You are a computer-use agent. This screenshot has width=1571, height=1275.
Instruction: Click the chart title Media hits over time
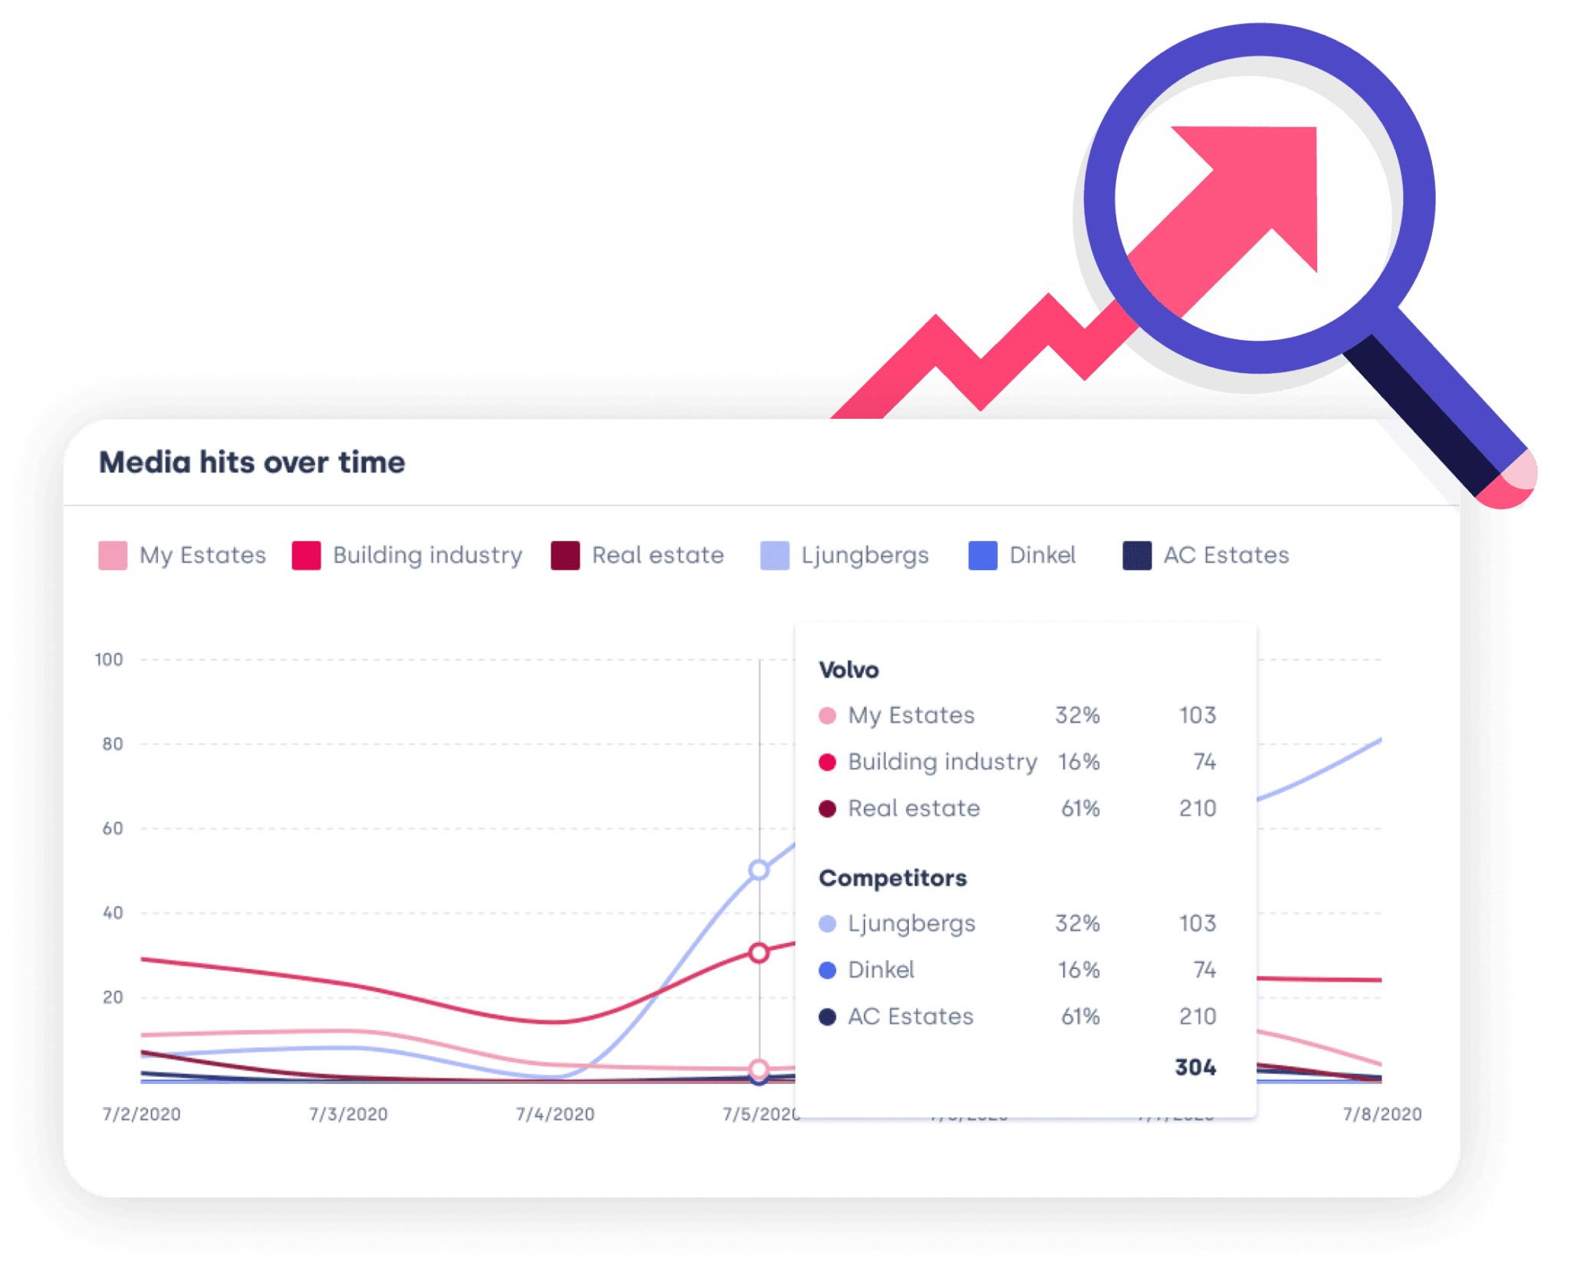pos(252,463)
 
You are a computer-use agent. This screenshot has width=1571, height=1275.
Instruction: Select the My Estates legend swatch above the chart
pos(113,555)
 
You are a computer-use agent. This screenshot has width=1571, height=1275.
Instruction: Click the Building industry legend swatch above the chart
pos(306,555)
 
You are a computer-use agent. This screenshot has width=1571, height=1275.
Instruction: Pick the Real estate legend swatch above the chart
pos(565,555)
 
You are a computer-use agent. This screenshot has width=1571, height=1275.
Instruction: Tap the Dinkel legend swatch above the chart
pos(983,555)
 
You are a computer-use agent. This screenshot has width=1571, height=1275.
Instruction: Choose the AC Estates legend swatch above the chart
pos(1137,555)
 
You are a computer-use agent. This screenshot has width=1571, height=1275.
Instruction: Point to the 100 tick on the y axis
pos(109,660)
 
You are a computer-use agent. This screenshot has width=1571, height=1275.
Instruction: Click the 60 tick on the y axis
pos(113,829)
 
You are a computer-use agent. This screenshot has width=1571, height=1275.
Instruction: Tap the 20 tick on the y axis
pos(113,997)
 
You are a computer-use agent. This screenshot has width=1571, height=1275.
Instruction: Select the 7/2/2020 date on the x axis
pos(142,1114)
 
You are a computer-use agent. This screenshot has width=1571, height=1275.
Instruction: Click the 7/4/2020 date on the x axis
pos(555,1114)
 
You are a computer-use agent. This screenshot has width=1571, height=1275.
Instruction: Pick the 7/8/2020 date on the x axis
pos(1382,1114)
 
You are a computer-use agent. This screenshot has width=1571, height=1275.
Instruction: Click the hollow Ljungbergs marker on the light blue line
pos(759,870)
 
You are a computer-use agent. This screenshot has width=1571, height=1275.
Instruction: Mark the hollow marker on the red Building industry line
pos(759,953)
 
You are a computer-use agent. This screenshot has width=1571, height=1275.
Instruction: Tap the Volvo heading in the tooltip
pos(849,670)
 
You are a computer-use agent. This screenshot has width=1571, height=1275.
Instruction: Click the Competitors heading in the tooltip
pos(893,878)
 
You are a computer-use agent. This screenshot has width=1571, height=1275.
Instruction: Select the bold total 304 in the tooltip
pos(1195,1067)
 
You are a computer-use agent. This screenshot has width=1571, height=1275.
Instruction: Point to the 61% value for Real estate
pos(1080,809)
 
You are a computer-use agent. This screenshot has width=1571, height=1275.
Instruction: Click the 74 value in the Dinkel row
pos(1204,970)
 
